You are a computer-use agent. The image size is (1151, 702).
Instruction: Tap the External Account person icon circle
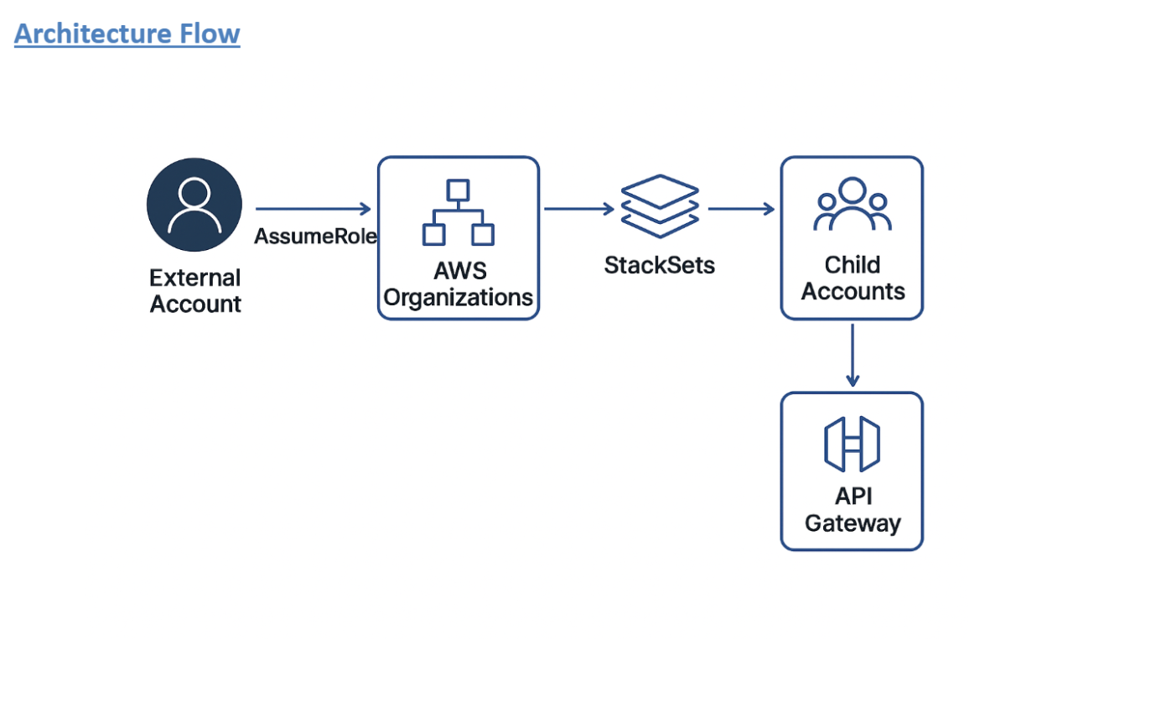[x=194, y=205]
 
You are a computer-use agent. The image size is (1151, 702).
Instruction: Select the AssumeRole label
[x=315, y=237]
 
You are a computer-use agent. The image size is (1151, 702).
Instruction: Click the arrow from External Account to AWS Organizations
[x=313, y=209]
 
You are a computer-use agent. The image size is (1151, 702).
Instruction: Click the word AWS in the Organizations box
[x=459, y=272]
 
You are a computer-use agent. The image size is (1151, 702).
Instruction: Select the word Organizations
[x=459, y=298]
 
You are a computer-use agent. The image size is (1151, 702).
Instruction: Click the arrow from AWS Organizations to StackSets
[x=578, y=209]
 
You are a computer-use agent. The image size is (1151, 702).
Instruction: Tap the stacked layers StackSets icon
[x=660, y=205]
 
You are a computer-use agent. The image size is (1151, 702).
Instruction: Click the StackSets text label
[x=660, y=266]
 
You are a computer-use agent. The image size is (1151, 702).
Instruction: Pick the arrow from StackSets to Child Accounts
[x=741, y=209]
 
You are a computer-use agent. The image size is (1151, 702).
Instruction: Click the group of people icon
[x=852, y=204]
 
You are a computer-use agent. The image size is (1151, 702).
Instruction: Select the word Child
[x=852, y=265]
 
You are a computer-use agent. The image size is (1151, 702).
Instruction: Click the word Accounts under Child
[x=853, y=292]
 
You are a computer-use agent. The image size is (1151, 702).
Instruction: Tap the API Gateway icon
[x=852, y=445]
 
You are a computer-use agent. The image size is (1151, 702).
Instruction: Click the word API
[x=853, y=497]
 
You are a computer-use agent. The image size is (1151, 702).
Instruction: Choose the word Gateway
[x=853, y=523]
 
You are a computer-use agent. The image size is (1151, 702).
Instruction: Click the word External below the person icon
[x=194, y=278]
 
